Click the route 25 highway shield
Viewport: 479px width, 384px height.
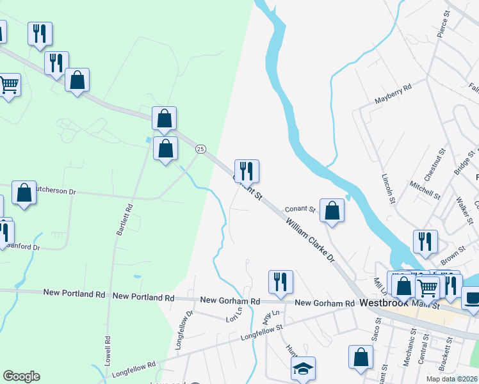click(200, 148)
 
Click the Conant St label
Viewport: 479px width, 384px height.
click(300, 209)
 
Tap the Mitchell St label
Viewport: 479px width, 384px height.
click(425, 190)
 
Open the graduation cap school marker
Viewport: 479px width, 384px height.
click(303, 368)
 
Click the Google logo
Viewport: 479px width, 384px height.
click(21, 376)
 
